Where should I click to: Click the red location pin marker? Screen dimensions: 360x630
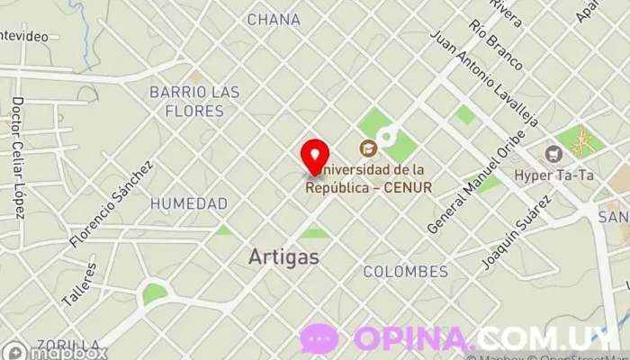point(313,157)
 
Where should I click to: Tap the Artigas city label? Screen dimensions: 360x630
point(283,256)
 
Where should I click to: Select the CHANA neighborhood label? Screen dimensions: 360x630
point(274,19)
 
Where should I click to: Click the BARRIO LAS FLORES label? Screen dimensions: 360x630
point(194,102)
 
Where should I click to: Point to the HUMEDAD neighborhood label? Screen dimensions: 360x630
point(188,203)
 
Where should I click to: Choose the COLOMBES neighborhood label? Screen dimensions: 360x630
point(405,271)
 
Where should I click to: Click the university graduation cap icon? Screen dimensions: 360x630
point(367,148)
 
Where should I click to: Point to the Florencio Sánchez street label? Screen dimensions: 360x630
point(112,205)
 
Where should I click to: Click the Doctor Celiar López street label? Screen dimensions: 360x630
point(17,157)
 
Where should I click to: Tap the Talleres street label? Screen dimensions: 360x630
point(78,283)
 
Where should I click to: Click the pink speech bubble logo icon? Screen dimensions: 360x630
point(319,339)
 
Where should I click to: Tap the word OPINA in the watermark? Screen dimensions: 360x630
point(413,339)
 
